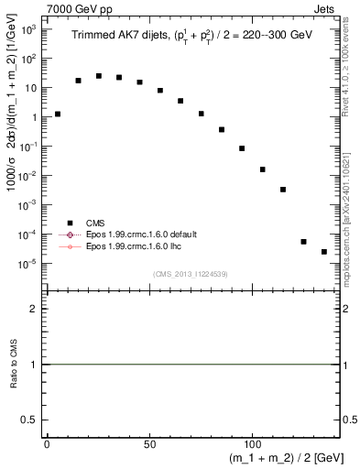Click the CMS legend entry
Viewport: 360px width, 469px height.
click(x=93, y=223)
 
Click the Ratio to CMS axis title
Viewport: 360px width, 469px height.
click(x=16, y=364)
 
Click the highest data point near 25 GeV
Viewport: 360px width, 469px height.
click(x=99, y=76)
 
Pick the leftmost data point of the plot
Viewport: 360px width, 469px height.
click(x=58, y=115)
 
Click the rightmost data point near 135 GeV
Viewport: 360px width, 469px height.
click(x=324, y=252)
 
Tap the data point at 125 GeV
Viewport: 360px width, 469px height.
click(x=303, y=242)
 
